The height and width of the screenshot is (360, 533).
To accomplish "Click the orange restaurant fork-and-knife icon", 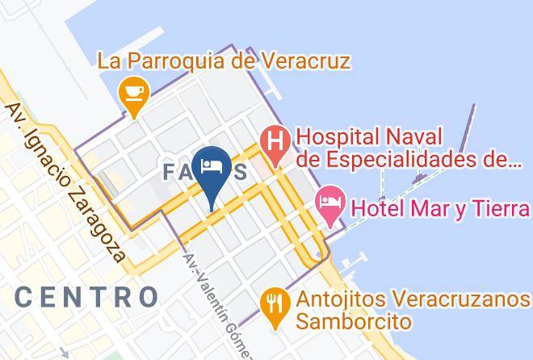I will point(275,303).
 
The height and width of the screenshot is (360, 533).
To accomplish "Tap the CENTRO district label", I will point(86,296).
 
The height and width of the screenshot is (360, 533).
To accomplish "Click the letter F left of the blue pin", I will point(170,172).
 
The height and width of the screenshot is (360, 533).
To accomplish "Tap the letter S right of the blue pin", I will point(241,172).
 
